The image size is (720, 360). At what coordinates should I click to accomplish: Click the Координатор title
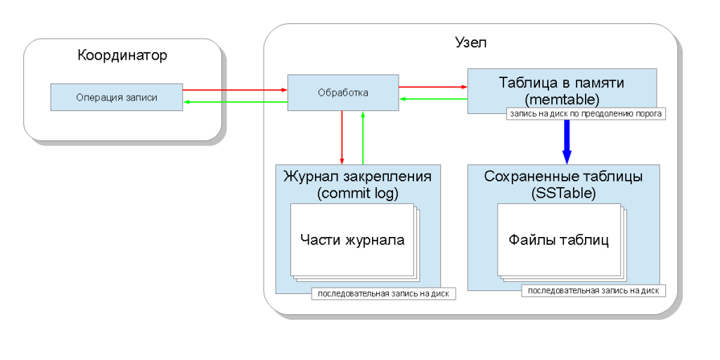[122, 55]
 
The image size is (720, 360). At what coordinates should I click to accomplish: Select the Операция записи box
[117, 97]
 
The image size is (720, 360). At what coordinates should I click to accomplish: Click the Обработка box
[343, 92]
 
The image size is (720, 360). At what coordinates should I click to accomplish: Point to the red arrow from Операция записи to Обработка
[235, 89]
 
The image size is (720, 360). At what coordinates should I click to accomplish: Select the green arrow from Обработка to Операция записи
[235, 103]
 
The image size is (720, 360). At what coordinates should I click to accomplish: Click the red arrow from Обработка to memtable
[433, 87]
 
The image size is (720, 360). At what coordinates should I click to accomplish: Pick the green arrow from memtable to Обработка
[433, 100]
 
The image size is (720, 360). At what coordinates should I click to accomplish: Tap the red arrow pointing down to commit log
[341, 137]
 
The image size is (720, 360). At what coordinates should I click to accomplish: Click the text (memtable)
[562, 97]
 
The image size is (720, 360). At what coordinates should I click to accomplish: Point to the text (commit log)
[358, 192]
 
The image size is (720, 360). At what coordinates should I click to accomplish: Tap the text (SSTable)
[562, 192]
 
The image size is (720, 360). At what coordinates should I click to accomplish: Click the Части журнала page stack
[352, 240]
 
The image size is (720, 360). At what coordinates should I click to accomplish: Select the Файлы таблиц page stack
[558, 240]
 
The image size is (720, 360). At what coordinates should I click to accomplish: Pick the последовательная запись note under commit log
[383, 294]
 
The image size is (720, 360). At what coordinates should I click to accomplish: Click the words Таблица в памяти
[562, 82]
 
